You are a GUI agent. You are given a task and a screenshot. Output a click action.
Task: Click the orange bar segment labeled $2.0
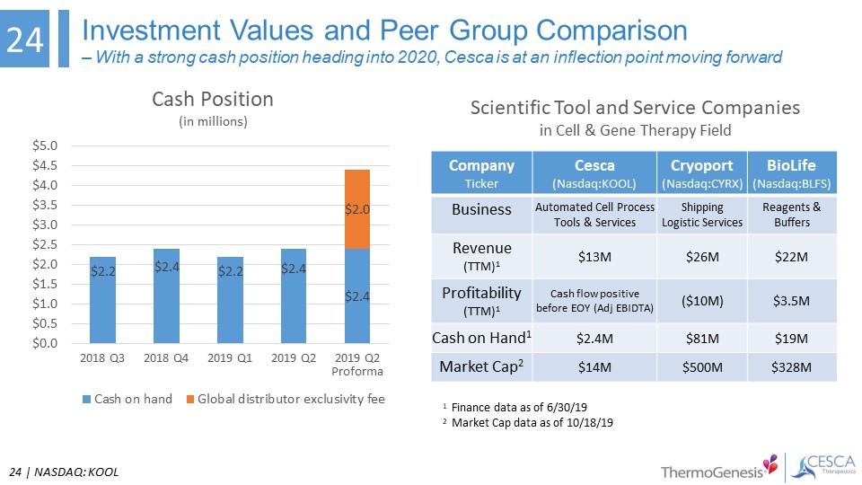358,208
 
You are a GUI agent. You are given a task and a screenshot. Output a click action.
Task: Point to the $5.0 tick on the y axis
47,145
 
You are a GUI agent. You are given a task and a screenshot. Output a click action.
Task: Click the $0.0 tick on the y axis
47,343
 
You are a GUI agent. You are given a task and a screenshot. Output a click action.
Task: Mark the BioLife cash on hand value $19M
791,338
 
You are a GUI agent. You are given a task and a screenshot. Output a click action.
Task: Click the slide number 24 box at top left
26,40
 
